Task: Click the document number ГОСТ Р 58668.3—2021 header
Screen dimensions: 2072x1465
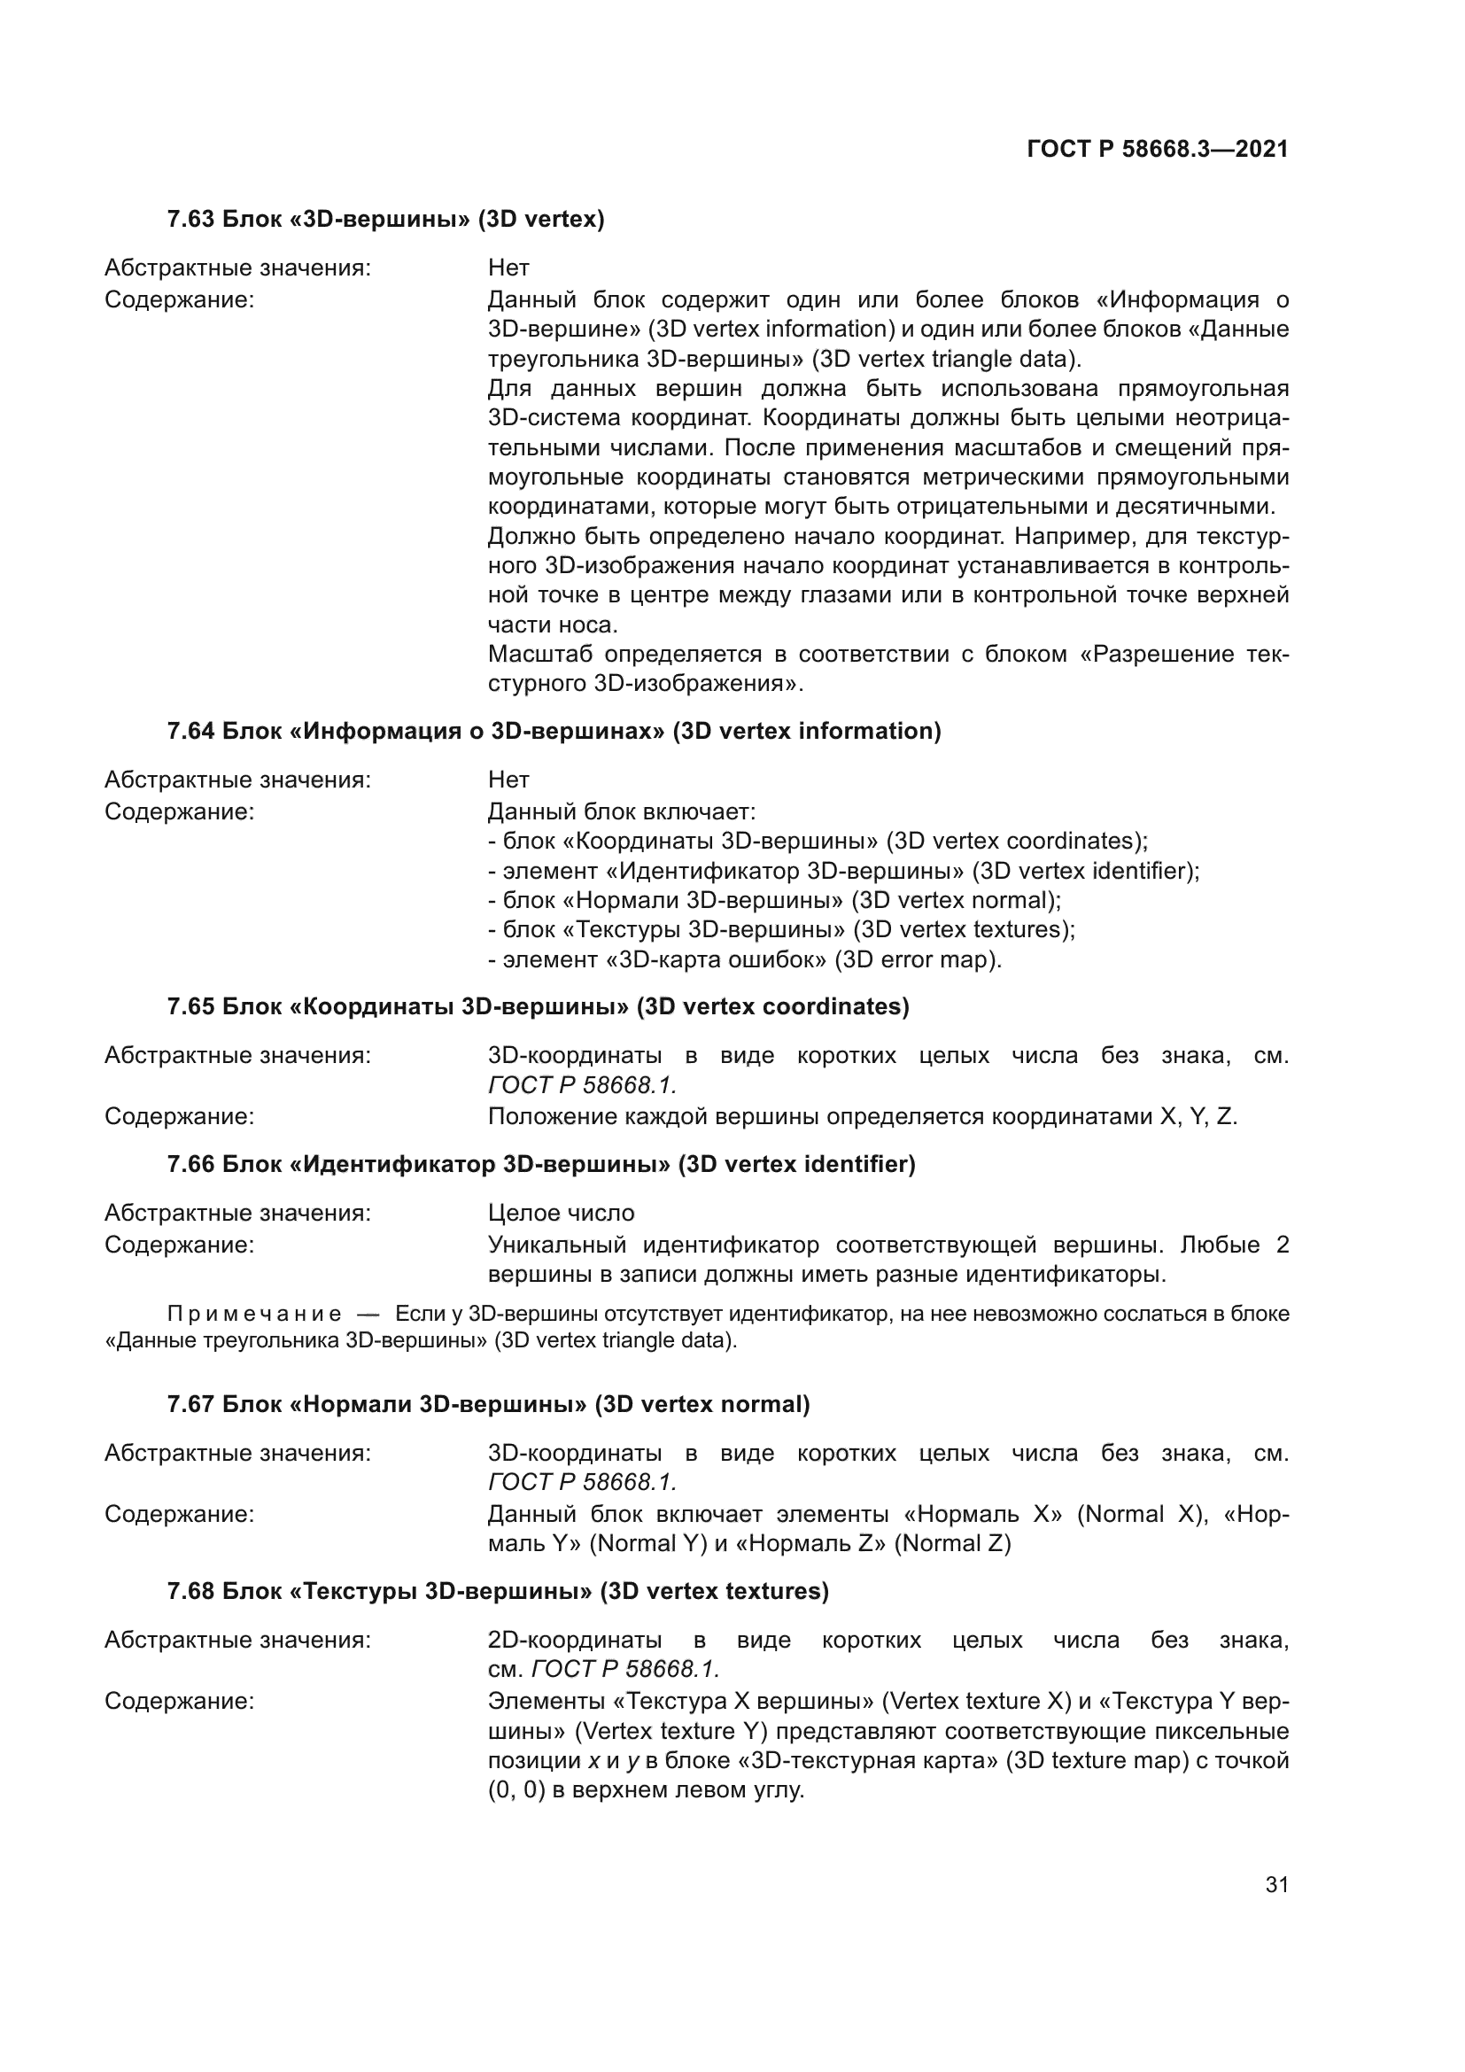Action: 1157,150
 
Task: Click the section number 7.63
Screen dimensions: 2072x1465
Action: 190,220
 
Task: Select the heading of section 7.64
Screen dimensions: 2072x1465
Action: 553,731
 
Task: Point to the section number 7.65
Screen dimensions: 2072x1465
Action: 190,1006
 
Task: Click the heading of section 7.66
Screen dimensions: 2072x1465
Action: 540,1164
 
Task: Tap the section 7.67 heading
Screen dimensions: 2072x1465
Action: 488,1404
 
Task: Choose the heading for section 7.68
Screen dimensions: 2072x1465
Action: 497,1591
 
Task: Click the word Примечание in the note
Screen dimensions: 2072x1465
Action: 254,1314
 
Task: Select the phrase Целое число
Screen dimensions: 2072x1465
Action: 561,1213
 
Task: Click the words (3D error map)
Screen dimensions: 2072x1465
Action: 918,959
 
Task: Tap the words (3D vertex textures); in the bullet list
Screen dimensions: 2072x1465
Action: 964,929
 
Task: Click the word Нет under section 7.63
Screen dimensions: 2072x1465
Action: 508,268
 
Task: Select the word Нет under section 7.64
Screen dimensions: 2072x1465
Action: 508,780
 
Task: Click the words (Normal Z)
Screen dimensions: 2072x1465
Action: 953,1544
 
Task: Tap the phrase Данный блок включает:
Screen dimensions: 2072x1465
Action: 621,811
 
